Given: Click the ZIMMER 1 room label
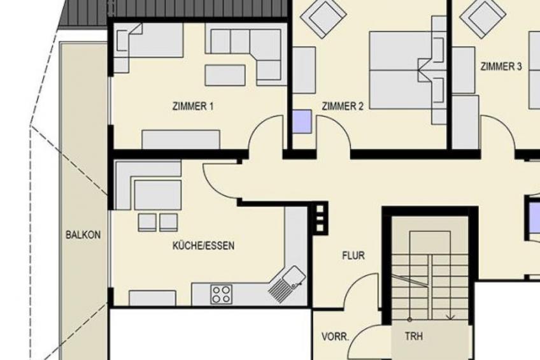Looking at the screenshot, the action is pyautogui.click(x=193, y=106).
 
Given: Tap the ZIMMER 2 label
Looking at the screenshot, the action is pyautogui.click(x=343, y=106).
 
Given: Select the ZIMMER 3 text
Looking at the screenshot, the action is pyautogui.click(x=501, y=66).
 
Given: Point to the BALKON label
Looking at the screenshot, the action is pyautogui.click(x=83, y=235).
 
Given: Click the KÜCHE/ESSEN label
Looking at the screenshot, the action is pyautogui.click(x=203, y=245).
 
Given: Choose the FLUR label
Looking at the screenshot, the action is pyautogui.click(x=353, y=256).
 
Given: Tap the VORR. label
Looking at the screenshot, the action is pyautogui.click(x=335, y=336).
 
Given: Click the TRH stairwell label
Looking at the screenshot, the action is pyautogui.click(x=414, y=336).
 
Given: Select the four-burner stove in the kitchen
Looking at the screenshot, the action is pyautogui.click(x=222, y=294).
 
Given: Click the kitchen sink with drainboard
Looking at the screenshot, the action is pyautogui.click(x=287, y=284).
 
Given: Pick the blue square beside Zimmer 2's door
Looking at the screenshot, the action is pyautogui.click(x=302, y=121).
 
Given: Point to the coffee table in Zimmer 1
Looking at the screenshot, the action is pyautogui.click(x=225, y=75).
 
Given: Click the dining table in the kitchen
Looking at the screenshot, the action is pyautogui.click(x=158, y=194).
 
